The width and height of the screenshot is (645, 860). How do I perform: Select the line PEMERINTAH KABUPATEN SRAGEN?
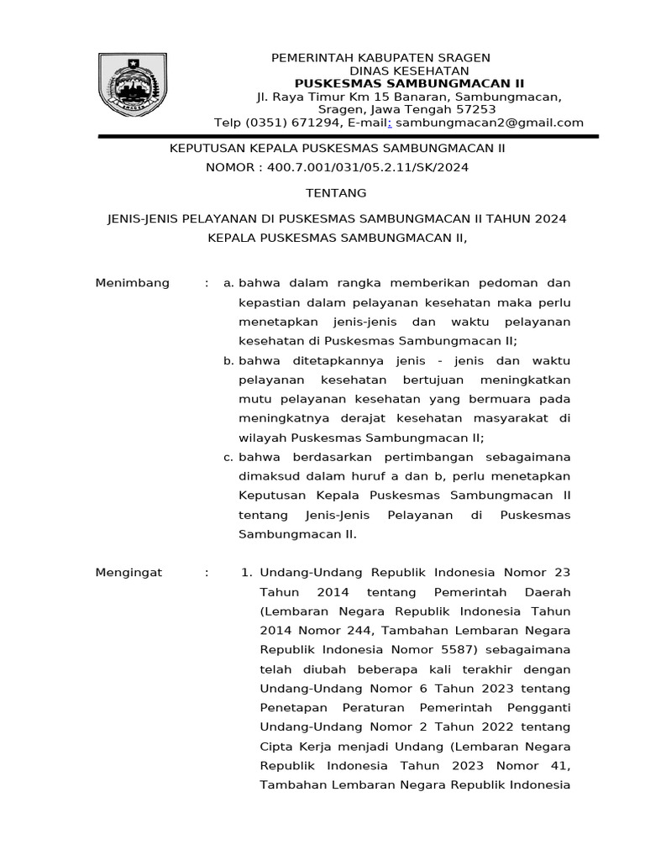pos(380,57)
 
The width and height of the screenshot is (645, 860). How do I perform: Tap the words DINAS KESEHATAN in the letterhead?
pos(408,71)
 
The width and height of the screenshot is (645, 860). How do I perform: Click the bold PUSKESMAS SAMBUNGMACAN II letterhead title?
pos(408,83)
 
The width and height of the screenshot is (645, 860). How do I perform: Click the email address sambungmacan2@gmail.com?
pos(489,123)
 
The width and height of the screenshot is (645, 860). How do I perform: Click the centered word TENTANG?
pos(336,193)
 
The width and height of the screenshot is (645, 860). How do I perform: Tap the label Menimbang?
pos(133,283)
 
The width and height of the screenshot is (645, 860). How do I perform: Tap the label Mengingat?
pos(128,573)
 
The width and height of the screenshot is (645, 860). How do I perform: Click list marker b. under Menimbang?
pos(228,360)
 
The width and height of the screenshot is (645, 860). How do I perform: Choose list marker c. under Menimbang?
pos(228,457)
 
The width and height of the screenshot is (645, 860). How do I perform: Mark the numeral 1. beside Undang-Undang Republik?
pos(247,573)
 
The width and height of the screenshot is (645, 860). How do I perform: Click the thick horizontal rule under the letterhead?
pos(348,135)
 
